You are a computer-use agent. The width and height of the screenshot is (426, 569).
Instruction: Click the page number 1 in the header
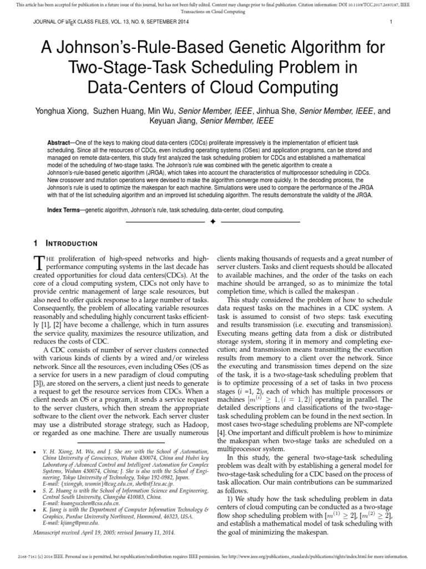tap(391, 22)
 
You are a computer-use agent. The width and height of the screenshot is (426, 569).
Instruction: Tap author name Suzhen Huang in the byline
tap(127, 111)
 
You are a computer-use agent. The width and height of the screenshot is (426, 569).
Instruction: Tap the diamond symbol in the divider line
tap(212, 222)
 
